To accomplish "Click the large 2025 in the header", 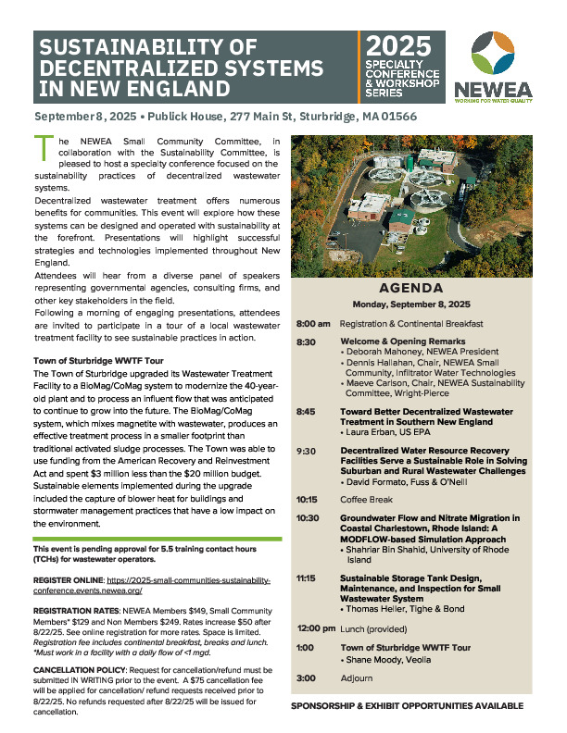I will point(398,46).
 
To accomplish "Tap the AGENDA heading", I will point(412,288).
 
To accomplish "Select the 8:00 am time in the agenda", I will point(313,324).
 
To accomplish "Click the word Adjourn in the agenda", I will point(356,677).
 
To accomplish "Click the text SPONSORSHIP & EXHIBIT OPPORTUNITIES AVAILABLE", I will point(407,706).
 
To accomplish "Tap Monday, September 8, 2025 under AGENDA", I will point(412,304).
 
